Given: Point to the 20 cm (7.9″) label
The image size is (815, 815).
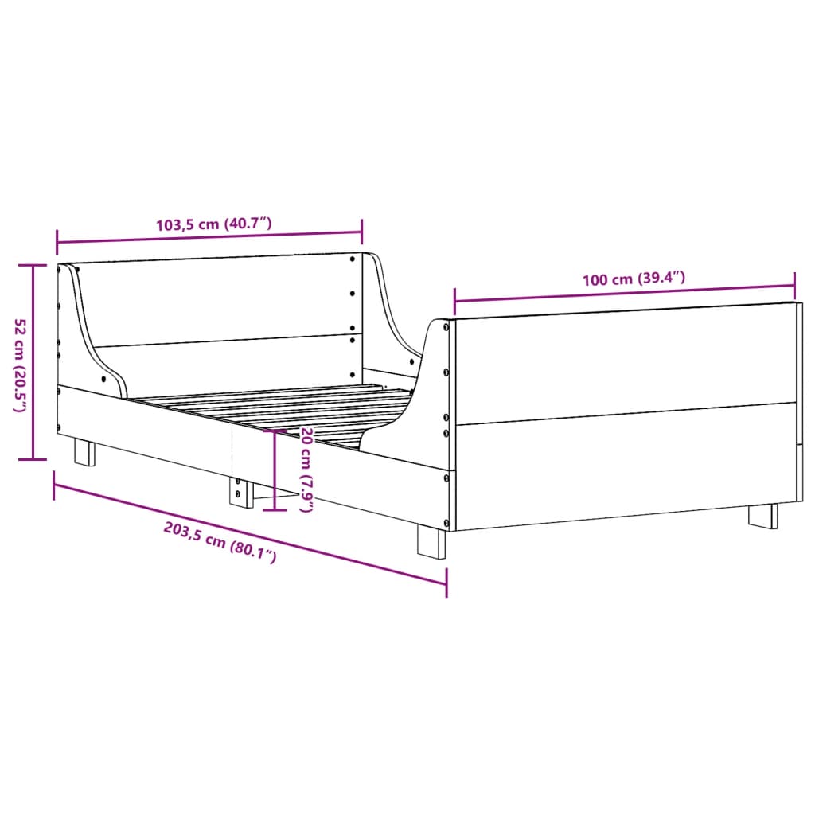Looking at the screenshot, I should pyautogui.click(x=306, y=469).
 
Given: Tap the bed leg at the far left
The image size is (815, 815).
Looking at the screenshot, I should pyautogui.click(x=84, y=453).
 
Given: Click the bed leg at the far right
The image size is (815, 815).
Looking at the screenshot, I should pyautogui.click(x=762, y=515).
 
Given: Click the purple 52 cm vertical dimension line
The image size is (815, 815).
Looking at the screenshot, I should pyautogui.click(x=33, y=362).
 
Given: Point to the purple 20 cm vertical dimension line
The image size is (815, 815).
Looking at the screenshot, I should pyautogui.click(x=275, y=470).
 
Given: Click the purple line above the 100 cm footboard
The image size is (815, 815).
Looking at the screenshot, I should pyautogui.click(x=624, y=293).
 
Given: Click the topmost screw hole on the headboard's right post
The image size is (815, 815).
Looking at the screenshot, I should pyautogui.click(x=353, y=258).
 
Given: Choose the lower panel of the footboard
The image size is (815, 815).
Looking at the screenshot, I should pyautogui.click(x=625, y=463).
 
